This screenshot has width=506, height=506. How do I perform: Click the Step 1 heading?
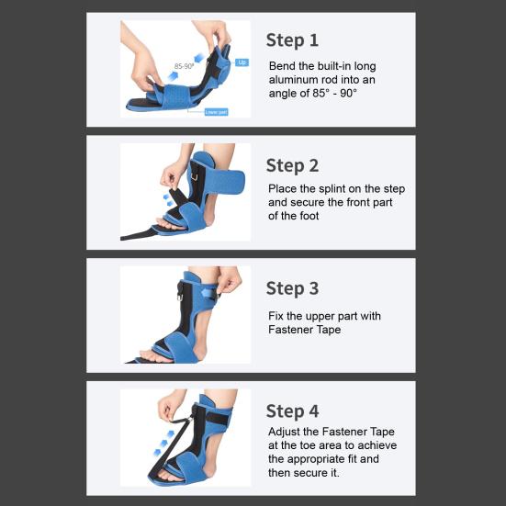pyautogui.click(x=292, y=39)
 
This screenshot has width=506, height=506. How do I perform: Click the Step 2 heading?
pyautogui.click(x=292, y=165)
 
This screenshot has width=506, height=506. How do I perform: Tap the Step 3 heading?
pyautogui.click(x=292, y=288)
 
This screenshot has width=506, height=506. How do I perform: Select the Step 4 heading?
pyautogui.click(x=292, y=410)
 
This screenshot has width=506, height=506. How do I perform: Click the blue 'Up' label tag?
pyautogui.click(x=242, y=62)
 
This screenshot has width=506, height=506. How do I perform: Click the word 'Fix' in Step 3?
pyautogui.click(x=277, y=316)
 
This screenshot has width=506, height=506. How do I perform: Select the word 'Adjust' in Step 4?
pyautogui.click(x=287, y=431)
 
